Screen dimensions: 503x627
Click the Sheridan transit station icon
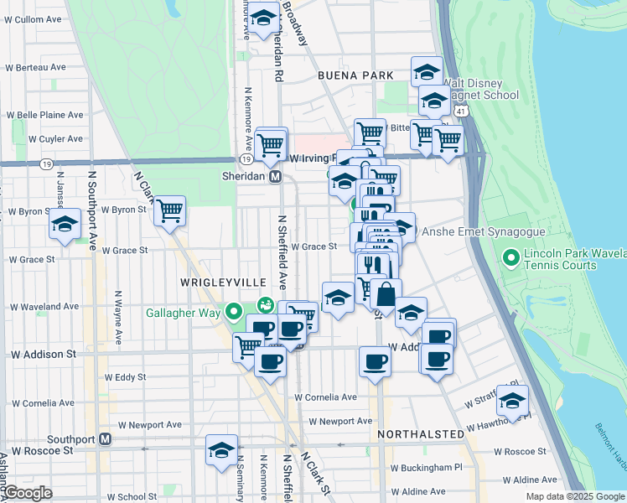coord(274,177)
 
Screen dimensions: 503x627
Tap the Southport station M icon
coord(106,438)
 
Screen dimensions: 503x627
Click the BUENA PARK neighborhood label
coord(355,75)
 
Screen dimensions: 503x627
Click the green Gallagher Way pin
coord(236,314)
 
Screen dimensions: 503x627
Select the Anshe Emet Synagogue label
coord(484,232)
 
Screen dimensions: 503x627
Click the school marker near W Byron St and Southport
coord(65,224)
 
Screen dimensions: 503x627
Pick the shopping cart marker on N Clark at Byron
coord(169,211)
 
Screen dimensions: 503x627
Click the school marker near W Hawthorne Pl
coord(512,401)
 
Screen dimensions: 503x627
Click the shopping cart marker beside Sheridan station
coord(271,143)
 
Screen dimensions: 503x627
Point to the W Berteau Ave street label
coord(35,67)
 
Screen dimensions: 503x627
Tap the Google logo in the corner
coord(27,493)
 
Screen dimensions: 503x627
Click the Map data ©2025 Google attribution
coord(574,496)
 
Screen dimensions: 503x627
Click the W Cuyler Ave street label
coord(55,139)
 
